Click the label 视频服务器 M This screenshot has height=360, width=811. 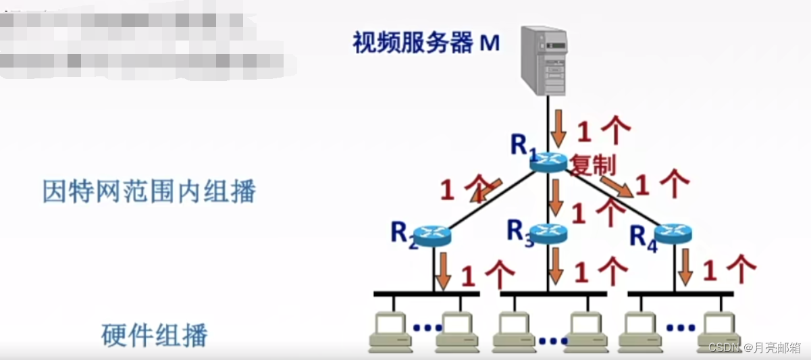pos(426,43)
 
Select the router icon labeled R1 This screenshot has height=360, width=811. pos(548,161)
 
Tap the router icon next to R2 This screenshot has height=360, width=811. pos(431,235)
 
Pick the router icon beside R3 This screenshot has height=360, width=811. pos(548,233)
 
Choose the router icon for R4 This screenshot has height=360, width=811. pos(673,234)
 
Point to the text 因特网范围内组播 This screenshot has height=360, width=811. pos(149,192)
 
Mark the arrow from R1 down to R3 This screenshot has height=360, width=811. pos(556,197)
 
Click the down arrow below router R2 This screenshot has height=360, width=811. pos(443,269)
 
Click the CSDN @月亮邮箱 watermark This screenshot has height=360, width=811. pos(754,347)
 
